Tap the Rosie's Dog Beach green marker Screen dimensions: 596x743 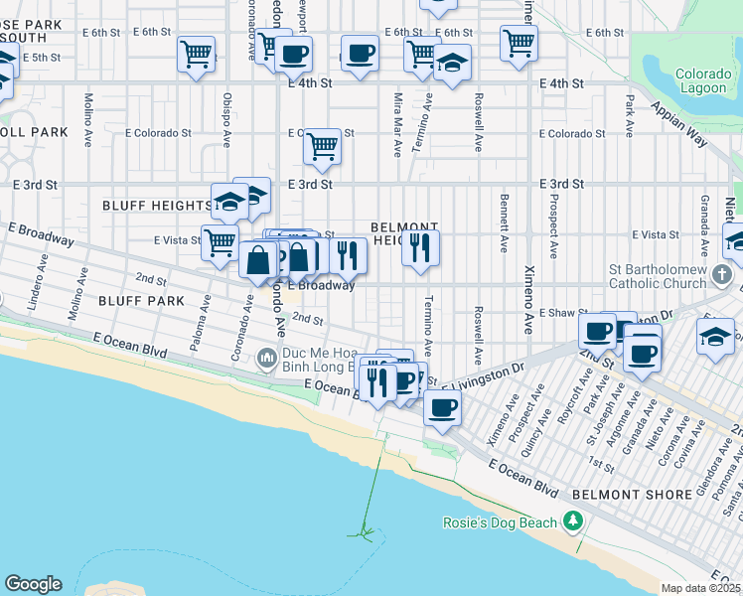coord(572,521)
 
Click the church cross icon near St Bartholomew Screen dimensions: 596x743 coord(722,273)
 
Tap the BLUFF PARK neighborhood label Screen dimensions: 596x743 coord(142,299)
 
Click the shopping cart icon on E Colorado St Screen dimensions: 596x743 coord(322,146)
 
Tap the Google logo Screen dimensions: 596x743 coord(33,584)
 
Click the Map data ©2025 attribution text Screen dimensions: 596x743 coord(701,588)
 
